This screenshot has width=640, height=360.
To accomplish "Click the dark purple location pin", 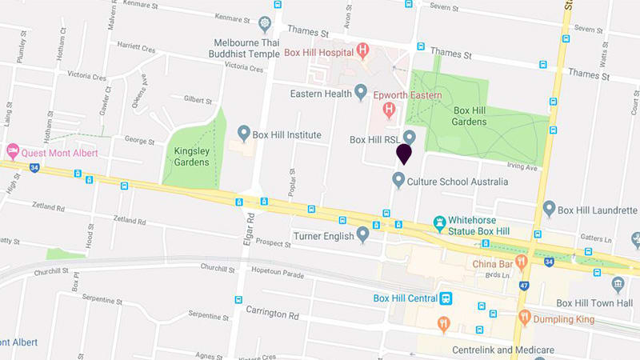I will (x=404, y=153).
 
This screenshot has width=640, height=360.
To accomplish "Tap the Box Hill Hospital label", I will (x=319, y=54).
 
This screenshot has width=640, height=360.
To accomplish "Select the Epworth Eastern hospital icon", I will (x=389, y=109).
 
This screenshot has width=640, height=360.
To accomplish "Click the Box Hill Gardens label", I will (x=470, y=116).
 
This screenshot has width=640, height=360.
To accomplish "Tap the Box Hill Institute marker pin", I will (x=244, y=133).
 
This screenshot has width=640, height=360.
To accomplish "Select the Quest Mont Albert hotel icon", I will (x=12, y=150).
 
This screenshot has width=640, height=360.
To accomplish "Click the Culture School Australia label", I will (x=456, y=182).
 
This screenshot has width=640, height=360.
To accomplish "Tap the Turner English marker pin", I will (x=362, y=234).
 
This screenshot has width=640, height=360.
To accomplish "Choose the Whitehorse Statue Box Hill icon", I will (x=439, y=221).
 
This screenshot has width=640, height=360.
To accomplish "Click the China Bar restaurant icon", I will (x=522, y=261).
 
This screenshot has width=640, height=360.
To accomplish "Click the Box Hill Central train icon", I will (x=446, y=299).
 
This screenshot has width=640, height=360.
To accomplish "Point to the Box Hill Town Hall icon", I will (x=618, y=285).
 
